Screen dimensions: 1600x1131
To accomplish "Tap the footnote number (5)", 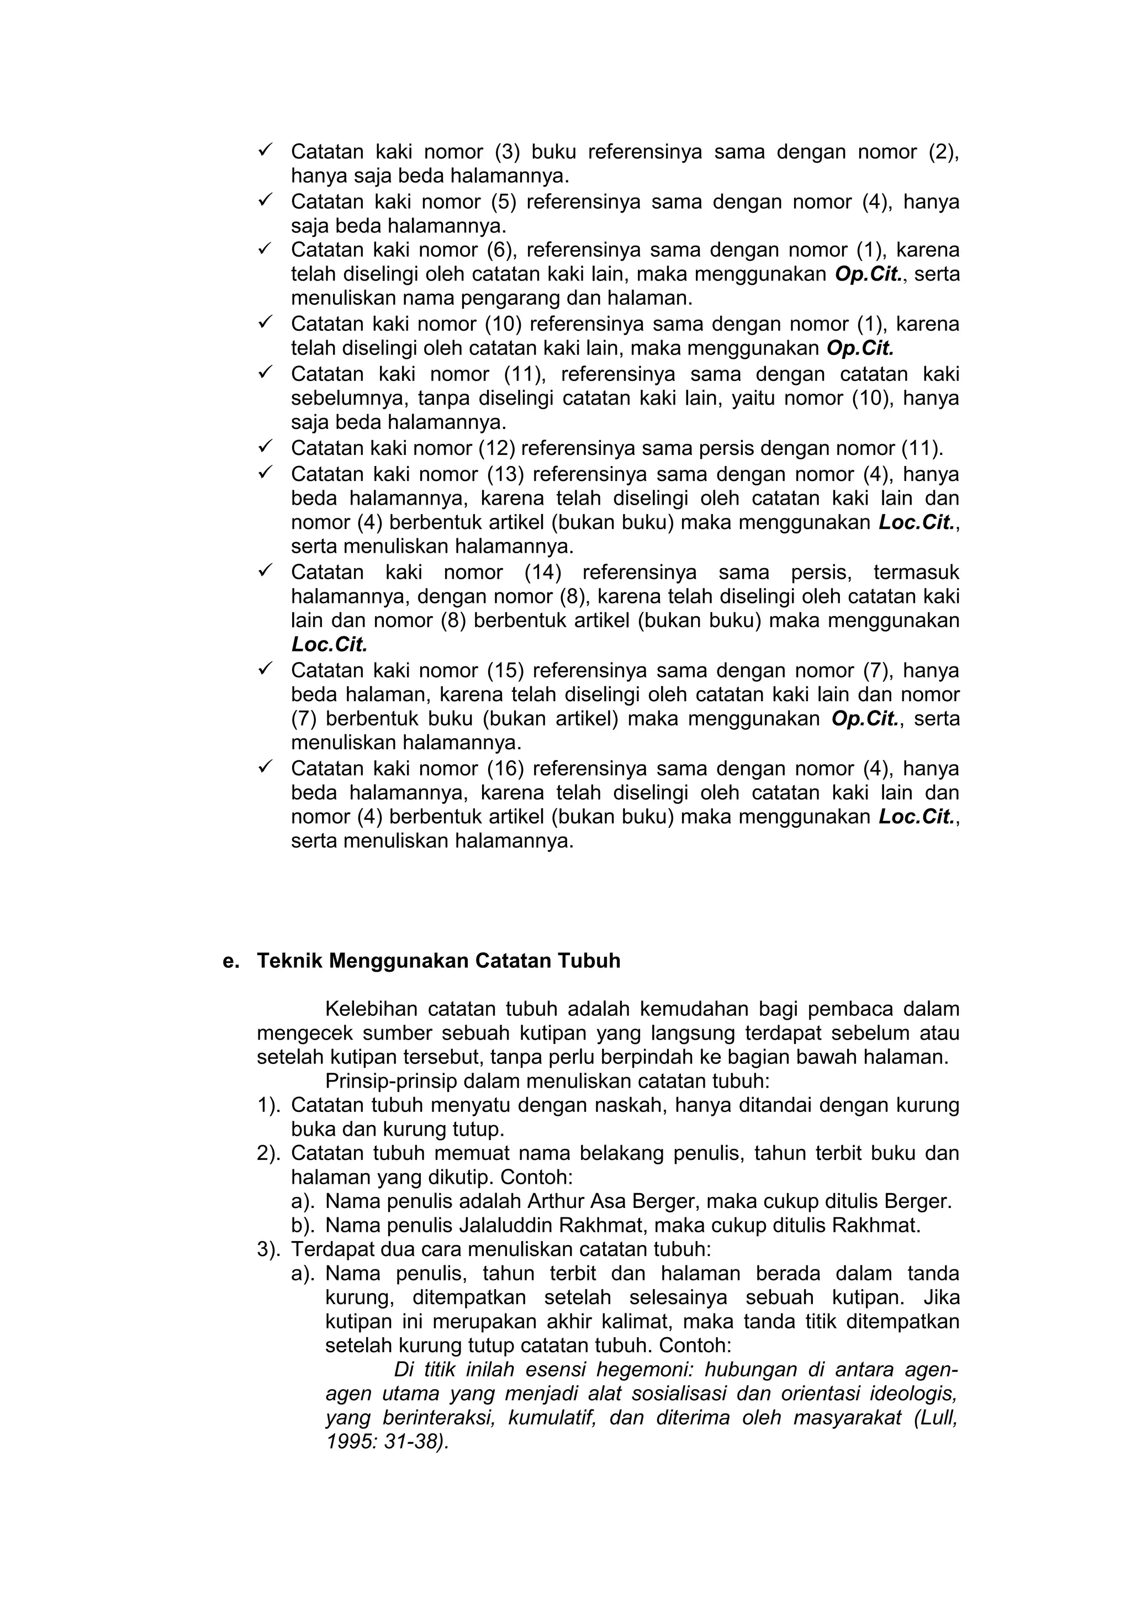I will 503,202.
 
